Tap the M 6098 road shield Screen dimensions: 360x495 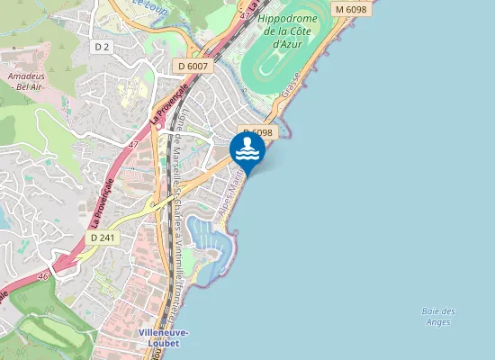coord(350,9)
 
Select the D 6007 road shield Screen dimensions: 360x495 coord(193,66)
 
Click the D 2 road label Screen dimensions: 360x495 coord(102,46)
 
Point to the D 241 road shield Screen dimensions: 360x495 coord(101,236)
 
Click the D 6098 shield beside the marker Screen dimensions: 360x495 coord(256,132)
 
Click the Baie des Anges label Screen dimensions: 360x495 coord(438,316)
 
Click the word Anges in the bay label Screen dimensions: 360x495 coord(438,321)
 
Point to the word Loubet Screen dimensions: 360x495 coord(164,342)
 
